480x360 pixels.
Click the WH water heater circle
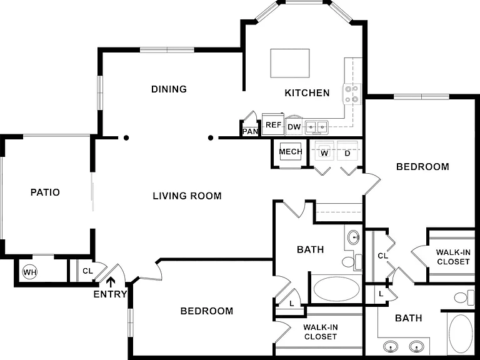(x=30, y=272)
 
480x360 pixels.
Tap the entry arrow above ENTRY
(x=111, y=282)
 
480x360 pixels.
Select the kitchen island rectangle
(x=290, y=63)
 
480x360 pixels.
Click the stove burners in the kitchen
(x=351, y=94)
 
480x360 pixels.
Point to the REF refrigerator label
(x=273, y=125)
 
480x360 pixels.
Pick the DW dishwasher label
(x=294, y=127)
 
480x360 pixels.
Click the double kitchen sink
(x=316, y=127)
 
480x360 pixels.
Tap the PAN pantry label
(x=251, y=132)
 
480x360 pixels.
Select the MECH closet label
(x=291, y=151)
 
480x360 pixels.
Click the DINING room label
(x=169, y=89)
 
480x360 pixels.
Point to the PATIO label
(x=45, y=192)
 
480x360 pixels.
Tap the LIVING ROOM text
(x=187, y=196)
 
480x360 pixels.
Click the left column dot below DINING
(x=126, y=137)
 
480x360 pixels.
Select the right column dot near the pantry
(x=211, y=137)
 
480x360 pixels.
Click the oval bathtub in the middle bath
(x=336, y=289)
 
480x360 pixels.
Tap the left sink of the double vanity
(x=391, y=347)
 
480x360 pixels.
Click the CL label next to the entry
(x=87, y=271)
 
